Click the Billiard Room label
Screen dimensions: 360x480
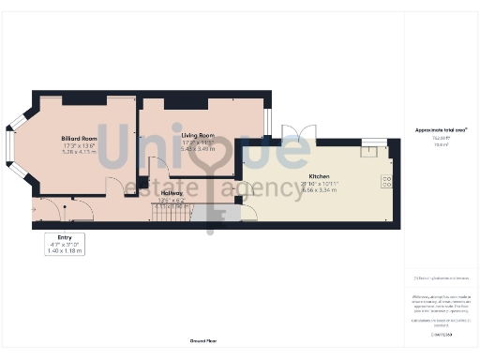[79, 139]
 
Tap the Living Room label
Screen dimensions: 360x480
[198, 136]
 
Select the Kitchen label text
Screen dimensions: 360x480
[320, 176]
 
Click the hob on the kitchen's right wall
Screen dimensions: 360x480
[385, 181]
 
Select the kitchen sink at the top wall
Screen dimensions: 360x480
[373, 143]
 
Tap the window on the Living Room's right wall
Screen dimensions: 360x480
[267, 121]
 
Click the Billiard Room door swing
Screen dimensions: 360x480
[114, 188]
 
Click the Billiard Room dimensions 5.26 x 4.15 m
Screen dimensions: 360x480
[79, 152]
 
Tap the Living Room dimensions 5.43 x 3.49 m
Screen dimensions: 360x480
[198, 148]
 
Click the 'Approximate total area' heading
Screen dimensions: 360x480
[441, 129]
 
